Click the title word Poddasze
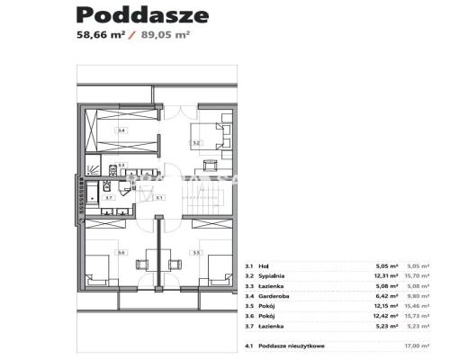pos(143,15)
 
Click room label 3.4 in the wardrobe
pos(122,132)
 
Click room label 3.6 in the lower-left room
pos(123,253)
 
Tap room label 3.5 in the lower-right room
pos(194,253)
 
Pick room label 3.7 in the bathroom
pos(107,197)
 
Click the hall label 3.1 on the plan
pos(159,197)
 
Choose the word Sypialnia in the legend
pos(274,276)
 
